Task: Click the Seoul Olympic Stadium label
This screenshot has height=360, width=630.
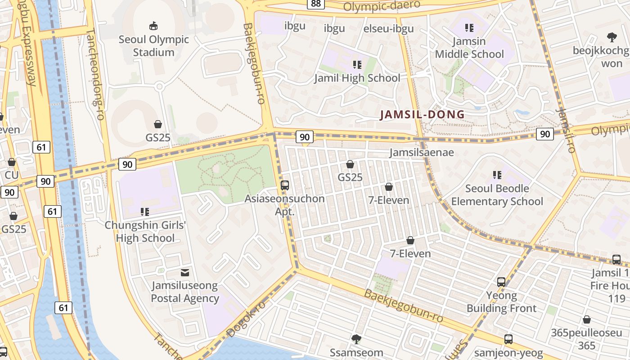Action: [153, 46]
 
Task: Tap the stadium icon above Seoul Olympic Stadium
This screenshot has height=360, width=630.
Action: [153, 26]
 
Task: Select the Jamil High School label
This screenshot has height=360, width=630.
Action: [357, 78]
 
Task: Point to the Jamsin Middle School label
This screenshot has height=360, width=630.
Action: [469, 48]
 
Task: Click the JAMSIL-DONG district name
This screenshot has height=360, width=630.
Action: [422, 114]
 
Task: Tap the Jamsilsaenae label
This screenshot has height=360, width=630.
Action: [422, 153]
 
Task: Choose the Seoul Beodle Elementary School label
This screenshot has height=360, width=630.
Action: [497, 194]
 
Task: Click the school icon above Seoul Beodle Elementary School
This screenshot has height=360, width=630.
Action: [497, 175]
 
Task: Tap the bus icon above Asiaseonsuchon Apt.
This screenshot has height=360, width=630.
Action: [284, 185]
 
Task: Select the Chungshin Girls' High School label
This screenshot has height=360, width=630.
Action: [145, 231]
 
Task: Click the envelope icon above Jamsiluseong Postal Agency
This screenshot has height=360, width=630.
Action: [184, 272]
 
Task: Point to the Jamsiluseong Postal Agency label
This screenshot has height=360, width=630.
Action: [184, 292]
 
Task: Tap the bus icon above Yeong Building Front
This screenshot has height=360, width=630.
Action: [501, 282]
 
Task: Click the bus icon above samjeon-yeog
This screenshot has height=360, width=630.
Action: [508, 339]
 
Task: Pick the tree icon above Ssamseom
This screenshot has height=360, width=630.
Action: [356, 339]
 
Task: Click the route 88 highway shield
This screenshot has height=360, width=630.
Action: [315, 4]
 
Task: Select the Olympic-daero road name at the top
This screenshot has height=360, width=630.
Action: [381, 6]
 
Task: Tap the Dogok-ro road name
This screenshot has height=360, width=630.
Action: [246, 319]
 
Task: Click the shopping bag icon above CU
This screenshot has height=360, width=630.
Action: [12, 162]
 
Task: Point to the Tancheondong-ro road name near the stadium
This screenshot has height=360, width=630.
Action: [95, 74]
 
